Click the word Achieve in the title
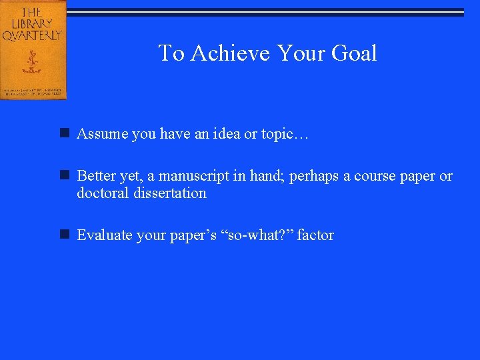231,53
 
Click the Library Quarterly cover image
33,49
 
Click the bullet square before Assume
65,134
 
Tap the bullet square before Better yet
65,176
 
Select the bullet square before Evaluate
65,235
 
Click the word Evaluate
103,235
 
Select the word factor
315,235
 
